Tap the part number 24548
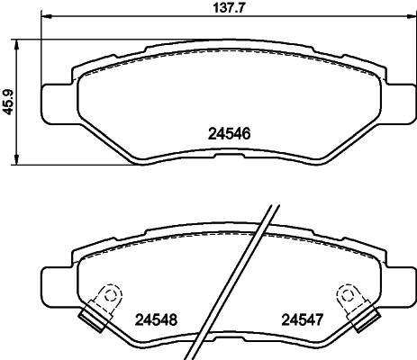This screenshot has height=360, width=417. tap(155, 318)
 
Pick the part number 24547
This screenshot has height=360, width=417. tap(302, 318)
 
